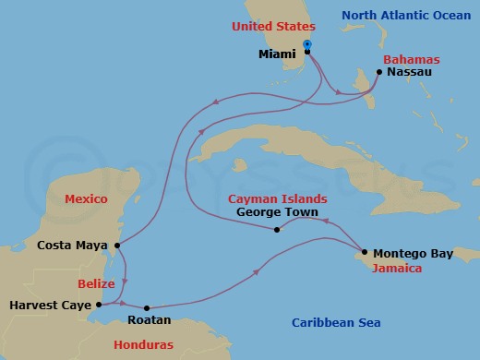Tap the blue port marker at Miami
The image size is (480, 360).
(x=307, y=45)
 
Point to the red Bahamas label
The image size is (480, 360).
(x=413, y=58)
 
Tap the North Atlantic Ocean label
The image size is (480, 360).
(x=412, y=16)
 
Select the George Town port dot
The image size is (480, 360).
(x=278, y=230)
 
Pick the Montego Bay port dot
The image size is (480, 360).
(x=365, y=252)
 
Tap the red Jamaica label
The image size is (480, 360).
(x=397, y=269)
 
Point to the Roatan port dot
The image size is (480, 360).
(x=147, y=308)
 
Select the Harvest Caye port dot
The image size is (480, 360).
(x=99, y=304)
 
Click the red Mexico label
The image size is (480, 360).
(x=87, y=198)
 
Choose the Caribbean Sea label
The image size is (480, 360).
(x=336, y=322)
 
